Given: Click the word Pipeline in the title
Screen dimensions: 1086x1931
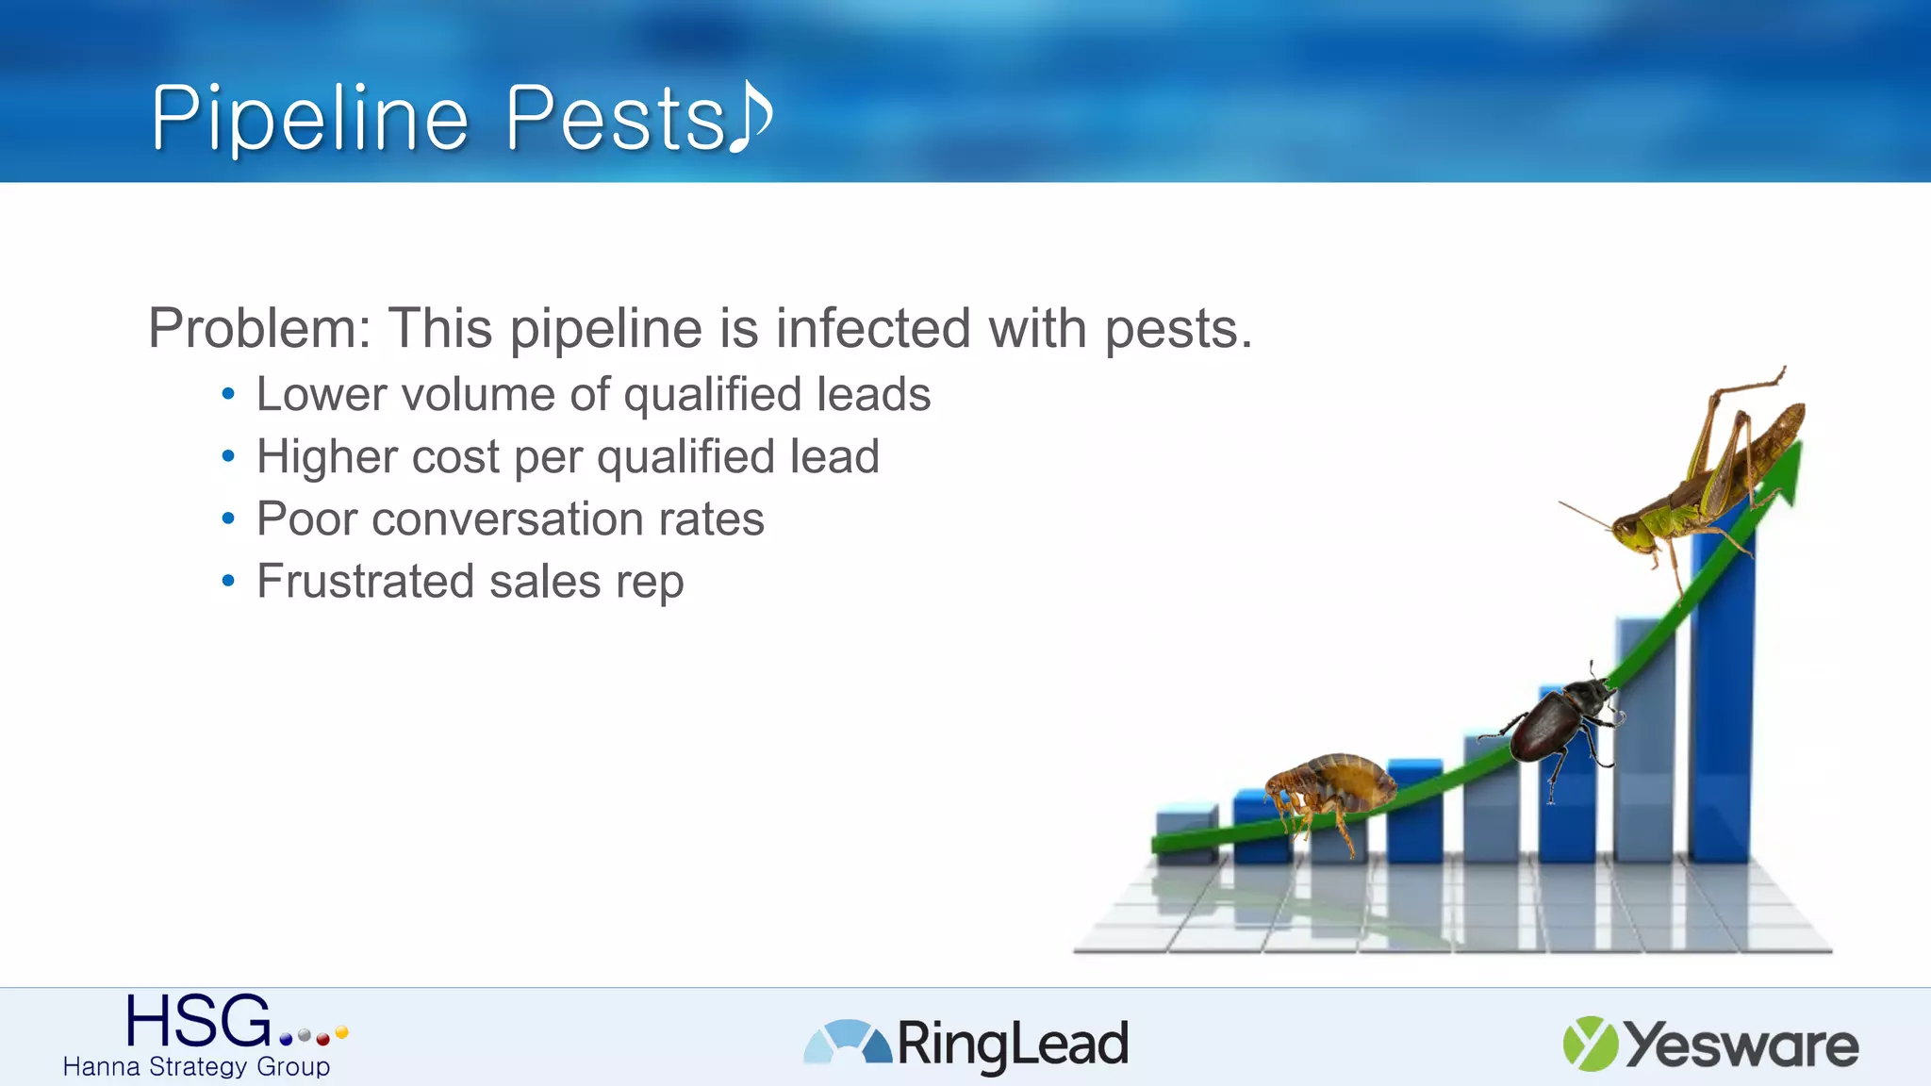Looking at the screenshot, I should point(309,120).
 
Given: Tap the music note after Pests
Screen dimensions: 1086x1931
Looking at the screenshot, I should point(751,115).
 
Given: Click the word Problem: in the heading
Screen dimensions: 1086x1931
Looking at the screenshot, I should point(260,329).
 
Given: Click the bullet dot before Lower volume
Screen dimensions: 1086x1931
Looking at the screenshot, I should point(228,395).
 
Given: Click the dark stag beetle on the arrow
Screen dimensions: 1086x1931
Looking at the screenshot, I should point(1556,721).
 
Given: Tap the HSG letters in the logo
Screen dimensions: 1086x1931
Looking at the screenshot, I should point(198,1022).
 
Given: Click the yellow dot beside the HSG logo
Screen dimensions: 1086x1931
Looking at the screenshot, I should point(341,1032).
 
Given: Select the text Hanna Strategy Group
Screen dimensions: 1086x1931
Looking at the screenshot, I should point(196,1067).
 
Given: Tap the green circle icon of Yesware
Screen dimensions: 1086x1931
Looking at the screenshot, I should point(1590,1044).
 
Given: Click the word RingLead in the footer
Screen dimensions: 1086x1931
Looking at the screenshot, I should point(1012,1045).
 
